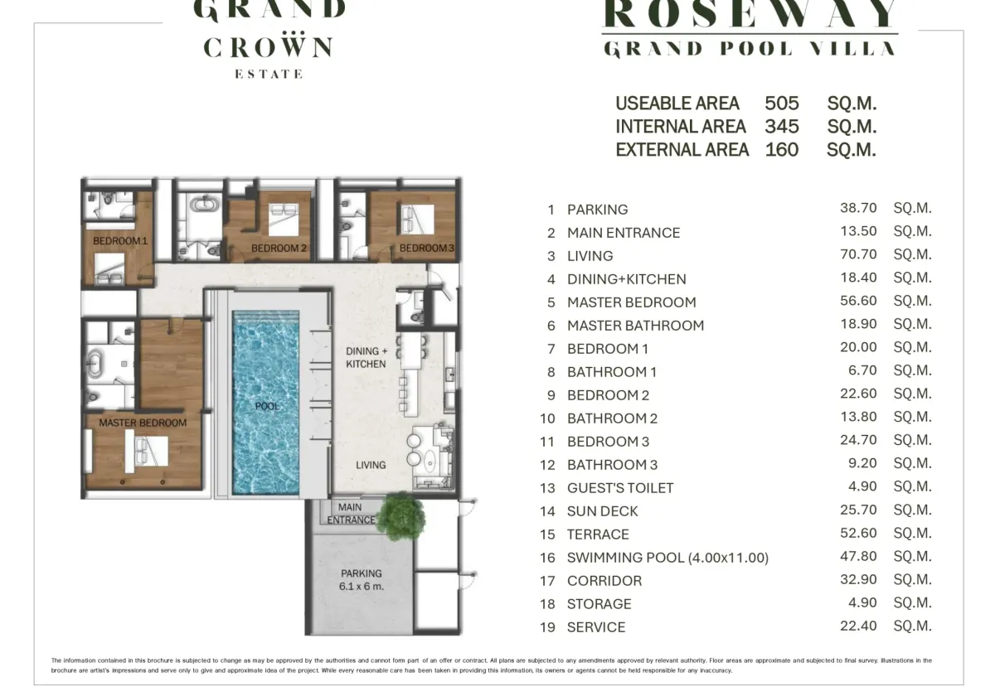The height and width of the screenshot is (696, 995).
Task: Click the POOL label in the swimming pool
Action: click(x=267, y=406)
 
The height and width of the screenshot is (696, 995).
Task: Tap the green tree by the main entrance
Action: click(x=401, y=516)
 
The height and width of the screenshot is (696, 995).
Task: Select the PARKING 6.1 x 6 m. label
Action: click(x=362, y=580)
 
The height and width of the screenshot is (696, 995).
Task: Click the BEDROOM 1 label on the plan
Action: click(x=120, y=241)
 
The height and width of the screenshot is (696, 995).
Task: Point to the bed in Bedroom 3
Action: click(x=417, y=220)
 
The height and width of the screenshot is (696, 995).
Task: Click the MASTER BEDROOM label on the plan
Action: click(x=143, y=423)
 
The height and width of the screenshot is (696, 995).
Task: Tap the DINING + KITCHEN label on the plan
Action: click(x=366, y=358)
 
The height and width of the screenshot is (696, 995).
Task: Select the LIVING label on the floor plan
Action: click(x=371, y=465)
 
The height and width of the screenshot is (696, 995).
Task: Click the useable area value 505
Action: click(x=782, y=104)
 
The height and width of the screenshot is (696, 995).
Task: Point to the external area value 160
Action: click(x=782, y=150)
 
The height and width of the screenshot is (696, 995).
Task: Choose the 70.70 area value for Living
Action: click(x=858, y=254)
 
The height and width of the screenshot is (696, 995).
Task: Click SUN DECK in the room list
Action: click(x=602, y=511)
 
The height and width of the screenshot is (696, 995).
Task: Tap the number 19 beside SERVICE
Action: click(x=548, y=627)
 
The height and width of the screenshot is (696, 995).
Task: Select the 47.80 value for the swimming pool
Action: click(x=858, y=556)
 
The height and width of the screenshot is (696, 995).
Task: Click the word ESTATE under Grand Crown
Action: click(x=269, y=74)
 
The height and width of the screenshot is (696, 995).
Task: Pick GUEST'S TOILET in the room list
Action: click(x=620, y=488)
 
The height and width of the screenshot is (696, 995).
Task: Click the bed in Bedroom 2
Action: click(x=284, y=220)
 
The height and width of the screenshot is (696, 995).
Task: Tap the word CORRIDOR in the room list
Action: click(x=604, y=581)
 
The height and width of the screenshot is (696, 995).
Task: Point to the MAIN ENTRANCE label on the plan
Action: click(x=351, y=514)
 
